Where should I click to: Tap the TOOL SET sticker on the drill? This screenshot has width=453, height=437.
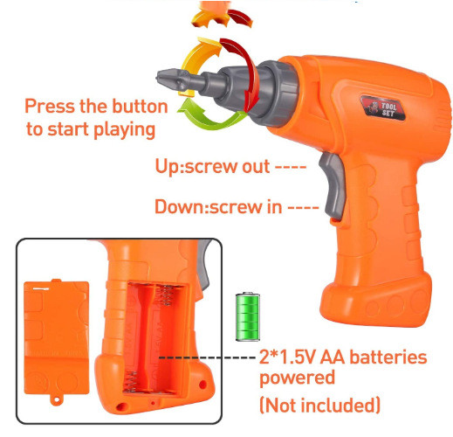click(x=383, y=108)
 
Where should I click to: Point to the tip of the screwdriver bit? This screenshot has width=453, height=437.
click(x=157, y=78)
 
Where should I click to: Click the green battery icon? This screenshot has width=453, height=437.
click(x=248, y=316)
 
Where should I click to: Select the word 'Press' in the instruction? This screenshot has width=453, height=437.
click(x=50, y=107)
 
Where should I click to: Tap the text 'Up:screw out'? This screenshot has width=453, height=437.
click(x=212, y=167)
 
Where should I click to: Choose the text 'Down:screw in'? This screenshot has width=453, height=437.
click(x=218, y=207)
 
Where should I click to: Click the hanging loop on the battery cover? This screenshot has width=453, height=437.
click(x=56, y=399)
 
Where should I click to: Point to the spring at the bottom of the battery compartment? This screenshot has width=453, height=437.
click(x=131, y=382)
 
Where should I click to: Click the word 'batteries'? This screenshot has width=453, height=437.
click(x=388, y=357)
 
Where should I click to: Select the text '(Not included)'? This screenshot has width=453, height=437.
click(x=319, y=405)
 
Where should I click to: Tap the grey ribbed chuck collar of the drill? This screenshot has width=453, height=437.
click(x=277, y=94)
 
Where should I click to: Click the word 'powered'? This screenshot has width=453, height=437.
click(x=297, y=378)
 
